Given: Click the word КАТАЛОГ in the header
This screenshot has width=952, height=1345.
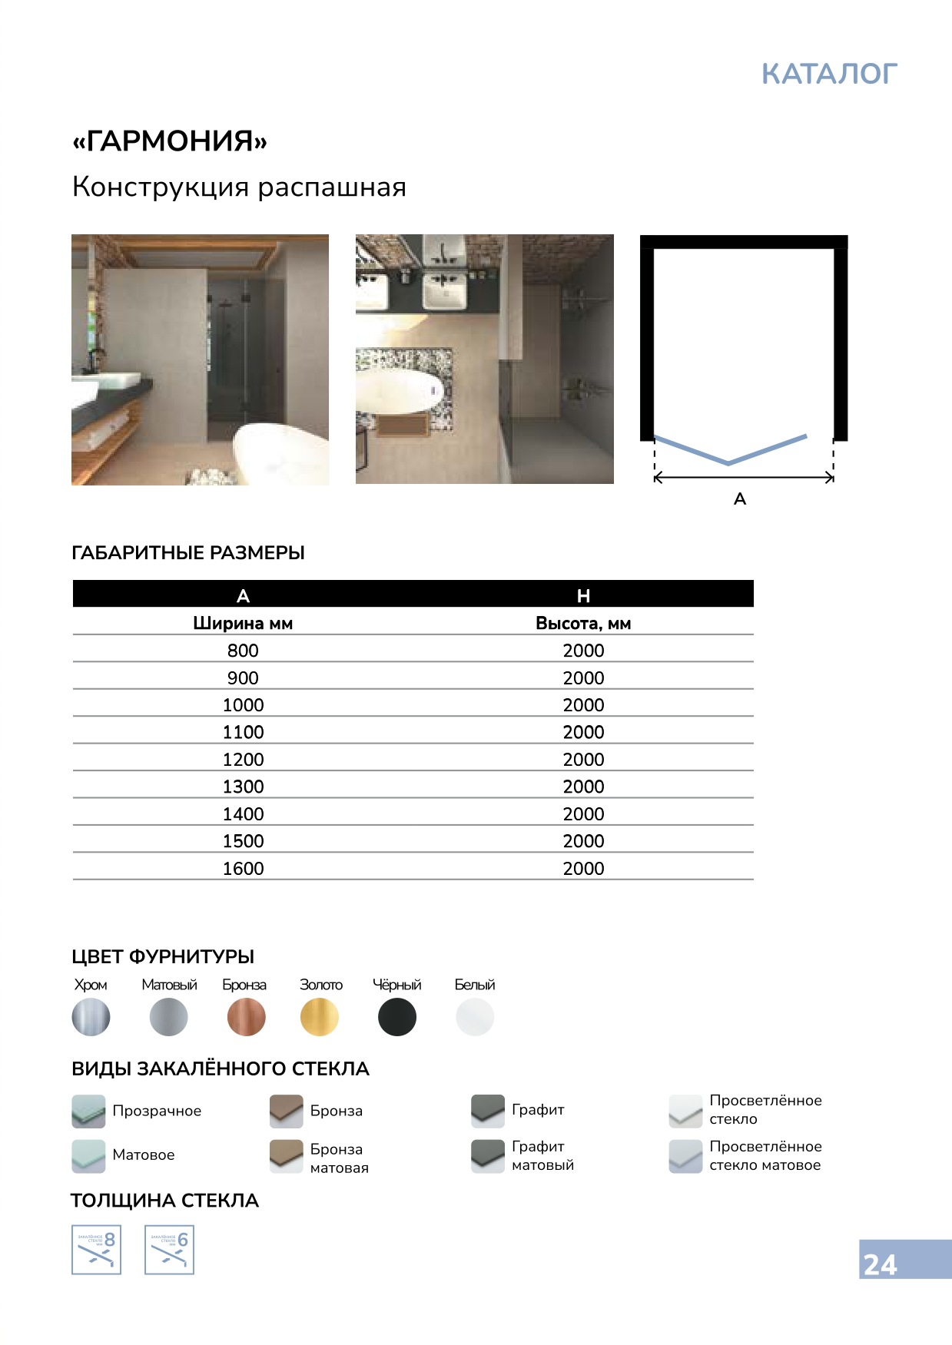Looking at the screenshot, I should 829,74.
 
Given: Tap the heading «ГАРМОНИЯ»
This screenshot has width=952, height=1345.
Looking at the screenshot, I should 170,141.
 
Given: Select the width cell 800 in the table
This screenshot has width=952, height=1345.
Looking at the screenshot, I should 243,651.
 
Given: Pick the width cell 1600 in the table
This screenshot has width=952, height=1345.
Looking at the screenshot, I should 243,869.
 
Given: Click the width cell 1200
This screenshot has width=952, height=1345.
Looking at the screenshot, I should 243,760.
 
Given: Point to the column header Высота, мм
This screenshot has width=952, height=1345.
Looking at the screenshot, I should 583,624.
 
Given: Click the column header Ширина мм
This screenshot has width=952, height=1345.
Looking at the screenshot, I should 243,624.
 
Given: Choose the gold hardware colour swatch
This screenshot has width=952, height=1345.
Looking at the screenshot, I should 320,1017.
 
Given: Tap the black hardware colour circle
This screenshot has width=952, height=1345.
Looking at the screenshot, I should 397,1017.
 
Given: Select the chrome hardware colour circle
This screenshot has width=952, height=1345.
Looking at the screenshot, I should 91,1017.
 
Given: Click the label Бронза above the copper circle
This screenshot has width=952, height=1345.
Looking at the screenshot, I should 244,985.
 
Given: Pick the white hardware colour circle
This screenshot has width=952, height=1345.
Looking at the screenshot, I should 475,1017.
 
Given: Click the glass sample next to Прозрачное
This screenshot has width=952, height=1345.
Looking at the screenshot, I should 88,1111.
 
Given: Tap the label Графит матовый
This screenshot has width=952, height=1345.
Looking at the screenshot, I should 542,1155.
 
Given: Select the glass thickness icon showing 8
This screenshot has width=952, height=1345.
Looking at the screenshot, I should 96,1250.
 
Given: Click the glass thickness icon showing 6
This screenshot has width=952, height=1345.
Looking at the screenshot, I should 169,1250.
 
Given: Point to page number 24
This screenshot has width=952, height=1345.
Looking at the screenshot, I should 881,1264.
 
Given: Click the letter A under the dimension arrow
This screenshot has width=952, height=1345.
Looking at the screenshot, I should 740,499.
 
